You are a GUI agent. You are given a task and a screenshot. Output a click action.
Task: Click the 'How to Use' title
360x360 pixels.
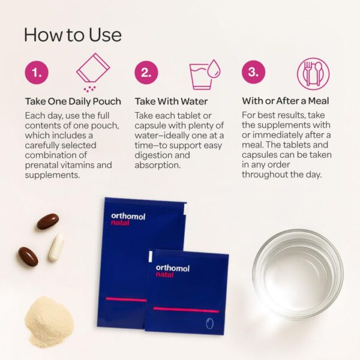[73, 35]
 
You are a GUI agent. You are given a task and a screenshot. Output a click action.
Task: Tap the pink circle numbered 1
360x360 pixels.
[37, 73]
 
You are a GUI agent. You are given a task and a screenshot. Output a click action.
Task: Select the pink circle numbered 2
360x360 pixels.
[146, 73]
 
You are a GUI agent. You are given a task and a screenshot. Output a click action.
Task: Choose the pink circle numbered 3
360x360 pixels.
[253, 72]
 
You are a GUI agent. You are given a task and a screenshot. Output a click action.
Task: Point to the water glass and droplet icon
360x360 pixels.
[205, 74]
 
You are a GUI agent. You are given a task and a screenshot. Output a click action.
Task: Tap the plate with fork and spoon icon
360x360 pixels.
[313, 73]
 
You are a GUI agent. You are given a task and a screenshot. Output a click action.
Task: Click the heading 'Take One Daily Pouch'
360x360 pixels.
[73, 101]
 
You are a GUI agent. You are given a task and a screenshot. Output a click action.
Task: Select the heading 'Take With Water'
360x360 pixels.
[171, 101]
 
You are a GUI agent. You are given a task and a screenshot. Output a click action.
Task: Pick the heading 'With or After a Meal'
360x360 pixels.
[286, 101]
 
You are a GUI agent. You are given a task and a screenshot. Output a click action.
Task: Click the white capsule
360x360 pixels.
[56, 247]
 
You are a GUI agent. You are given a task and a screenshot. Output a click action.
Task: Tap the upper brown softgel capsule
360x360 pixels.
[48, 221]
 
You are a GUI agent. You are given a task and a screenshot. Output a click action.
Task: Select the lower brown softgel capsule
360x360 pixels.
[28, 257]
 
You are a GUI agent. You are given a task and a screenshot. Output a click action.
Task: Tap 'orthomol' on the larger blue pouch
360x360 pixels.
[128, 216]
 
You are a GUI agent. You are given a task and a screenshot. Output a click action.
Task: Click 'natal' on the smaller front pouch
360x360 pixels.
[164, 274]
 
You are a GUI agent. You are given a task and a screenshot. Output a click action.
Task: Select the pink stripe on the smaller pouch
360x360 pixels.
[186, 310]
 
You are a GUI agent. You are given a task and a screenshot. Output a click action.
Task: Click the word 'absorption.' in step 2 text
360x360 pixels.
[157, 165]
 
